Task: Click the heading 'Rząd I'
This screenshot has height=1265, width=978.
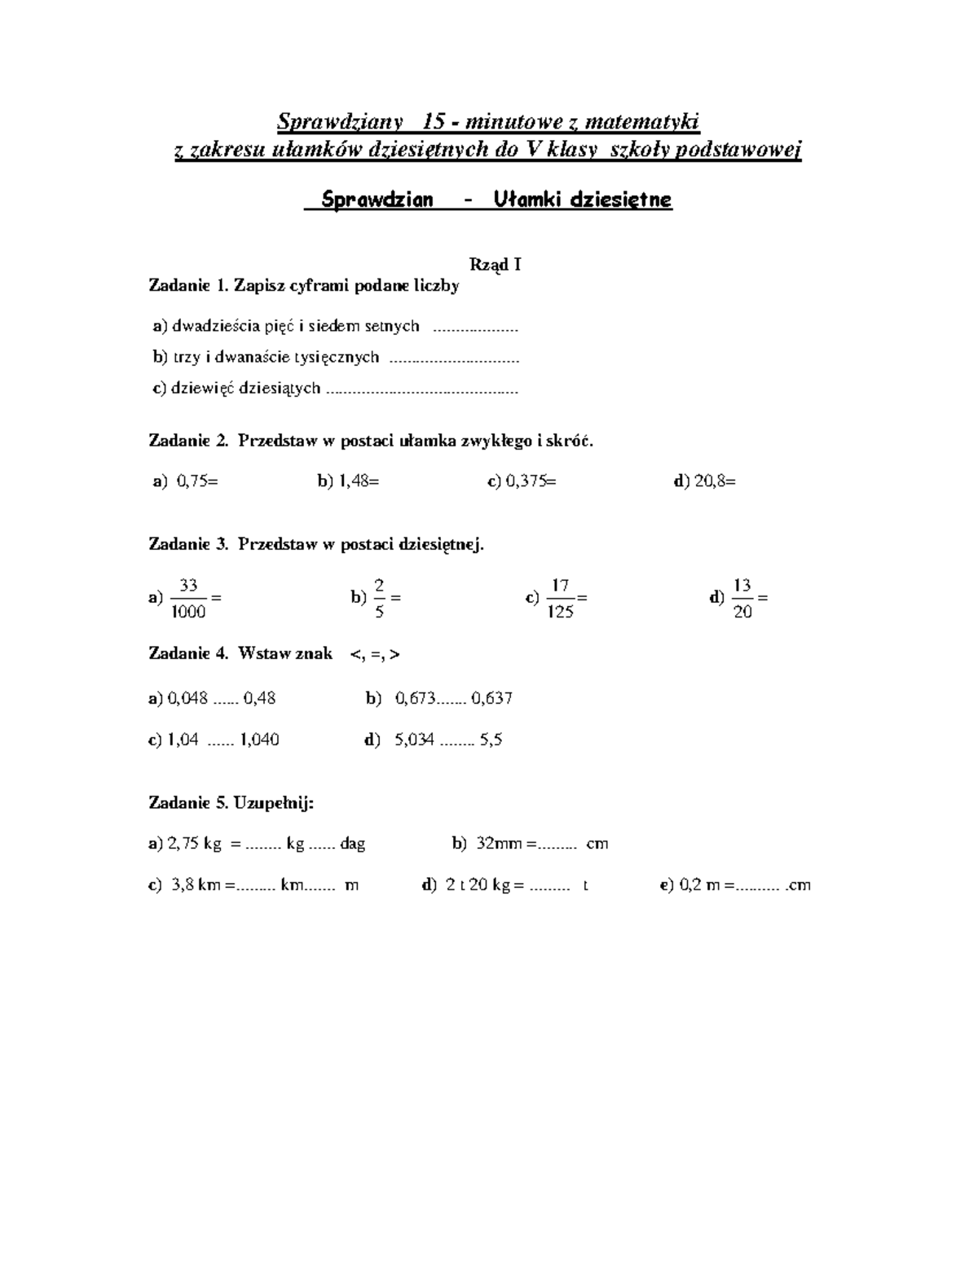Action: [495, 265]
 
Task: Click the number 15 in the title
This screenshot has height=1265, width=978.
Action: [434, 122]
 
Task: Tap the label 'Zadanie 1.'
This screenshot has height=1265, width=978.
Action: [188, 285]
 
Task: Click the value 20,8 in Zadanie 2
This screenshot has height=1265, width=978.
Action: [710, 481]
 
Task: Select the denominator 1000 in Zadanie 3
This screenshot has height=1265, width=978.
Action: [188, 613]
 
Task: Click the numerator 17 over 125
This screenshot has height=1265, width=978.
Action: [560, 585]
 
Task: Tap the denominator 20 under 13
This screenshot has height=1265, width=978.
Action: [742, 613]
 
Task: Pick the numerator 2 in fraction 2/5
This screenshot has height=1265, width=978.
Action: [379, 585]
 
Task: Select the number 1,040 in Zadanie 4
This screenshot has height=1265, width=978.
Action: [259, 740]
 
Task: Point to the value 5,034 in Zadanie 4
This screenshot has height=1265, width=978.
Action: [414, 740]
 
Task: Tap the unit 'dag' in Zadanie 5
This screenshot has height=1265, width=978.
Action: [353, 844]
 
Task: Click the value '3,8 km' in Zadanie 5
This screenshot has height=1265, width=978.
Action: [196, 885]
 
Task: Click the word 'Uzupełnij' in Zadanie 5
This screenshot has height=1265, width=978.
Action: [272, 803]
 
